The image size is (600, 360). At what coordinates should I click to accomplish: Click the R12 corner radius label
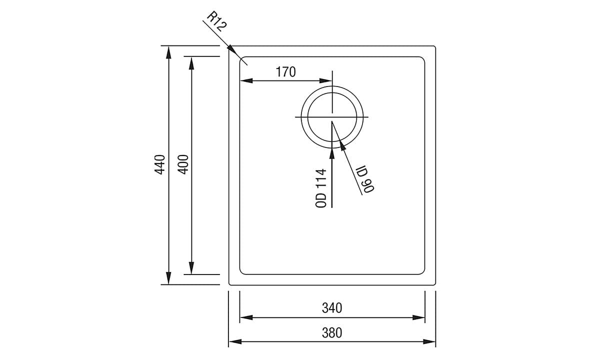[x=216, y=22]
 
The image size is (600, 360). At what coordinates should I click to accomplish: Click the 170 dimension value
[x=285, y=72]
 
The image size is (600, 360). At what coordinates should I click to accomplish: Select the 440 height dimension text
[x=160, y=164]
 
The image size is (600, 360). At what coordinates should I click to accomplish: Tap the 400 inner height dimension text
[x=183, y=164]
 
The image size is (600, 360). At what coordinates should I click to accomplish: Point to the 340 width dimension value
[x=332, y=308]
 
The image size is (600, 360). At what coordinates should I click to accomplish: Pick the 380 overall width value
[x=332, y=332]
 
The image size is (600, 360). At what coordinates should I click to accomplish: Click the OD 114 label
[x=321, y=188]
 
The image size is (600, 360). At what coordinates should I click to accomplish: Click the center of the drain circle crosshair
[x=332, y=117]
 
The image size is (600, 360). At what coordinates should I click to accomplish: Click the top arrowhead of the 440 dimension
[x=169, y=51]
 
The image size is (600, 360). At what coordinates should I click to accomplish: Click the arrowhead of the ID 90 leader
[x=342, y=145]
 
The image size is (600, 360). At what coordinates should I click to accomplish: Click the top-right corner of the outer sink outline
[x=434, y=47]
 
